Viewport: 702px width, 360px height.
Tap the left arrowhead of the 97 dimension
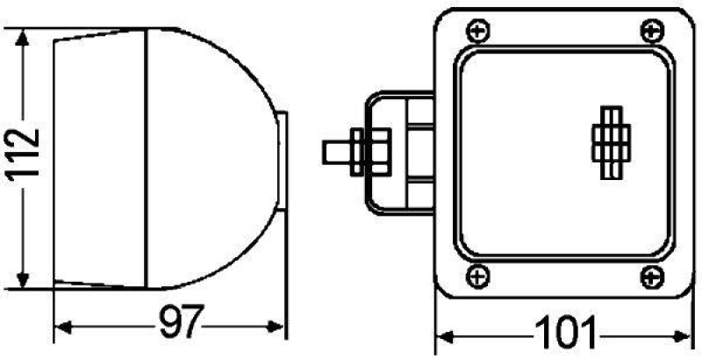click(61, 329)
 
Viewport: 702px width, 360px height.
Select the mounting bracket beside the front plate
click(399, 154)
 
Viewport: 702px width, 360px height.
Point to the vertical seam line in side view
click(145, 158)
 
